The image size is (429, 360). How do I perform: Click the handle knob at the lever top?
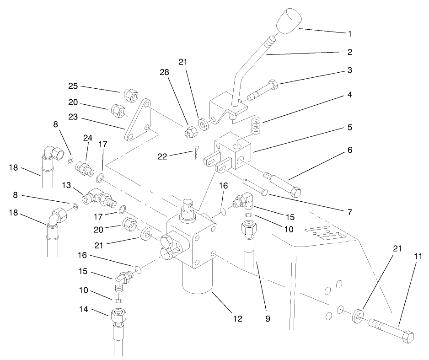287,21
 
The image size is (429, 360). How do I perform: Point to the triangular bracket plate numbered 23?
138,122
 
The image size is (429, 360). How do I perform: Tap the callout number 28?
164,72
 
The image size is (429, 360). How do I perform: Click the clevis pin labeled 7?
256,186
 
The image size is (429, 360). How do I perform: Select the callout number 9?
268,319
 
